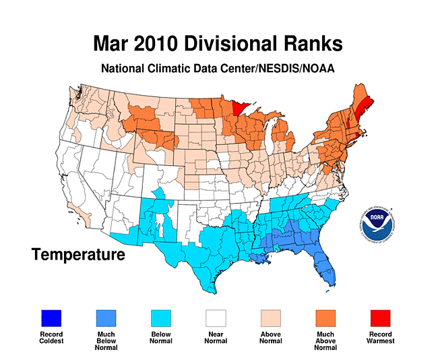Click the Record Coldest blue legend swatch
[x=51, y=318]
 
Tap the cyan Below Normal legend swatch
[x=160, y=318]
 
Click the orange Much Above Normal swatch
[x=326, y=318]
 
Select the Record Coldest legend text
[x=51, y=337]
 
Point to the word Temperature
[x=78, y=255]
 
